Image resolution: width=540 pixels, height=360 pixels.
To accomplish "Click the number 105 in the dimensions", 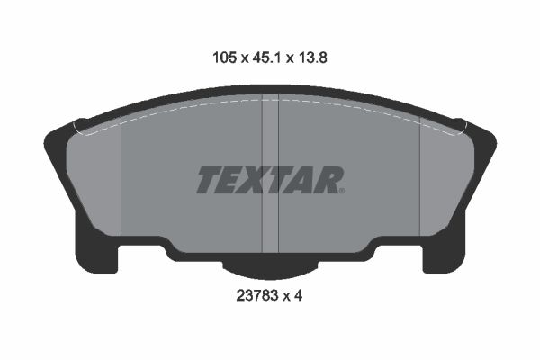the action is pos(225,58).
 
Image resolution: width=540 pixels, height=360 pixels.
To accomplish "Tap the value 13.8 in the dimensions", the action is pos(312,58).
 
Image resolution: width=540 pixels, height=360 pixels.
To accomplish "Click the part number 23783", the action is pos(256,295).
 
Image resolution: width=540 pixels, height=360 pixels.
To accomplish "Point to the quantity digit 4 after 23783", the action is pos(298,295).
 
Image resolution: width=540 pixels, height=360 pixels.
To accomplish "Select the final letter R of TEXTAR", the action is pos(328,180).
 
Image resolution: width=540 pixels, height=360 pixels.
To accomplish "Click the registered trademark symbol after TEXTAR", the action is pos(342,191).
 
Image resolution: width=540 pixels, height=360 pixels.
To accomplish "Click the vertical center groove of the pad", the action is pos(270,174).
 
